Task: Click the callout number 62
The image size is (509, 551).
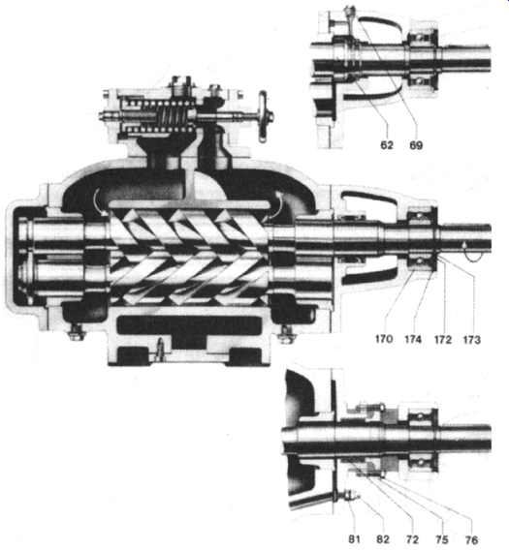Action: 386,145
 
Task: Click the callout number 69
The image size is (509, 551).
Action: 416,145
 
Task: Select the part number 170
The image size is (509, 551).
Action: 384,339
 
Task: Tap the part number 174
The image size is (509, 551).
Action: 413,340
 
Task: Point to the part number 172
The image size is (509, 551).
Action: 443,340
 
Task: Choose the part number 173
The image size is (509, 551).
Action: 472,340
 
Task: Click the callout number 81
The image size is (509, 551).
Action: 354,539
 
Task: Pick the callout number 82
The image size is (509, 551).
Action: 383,539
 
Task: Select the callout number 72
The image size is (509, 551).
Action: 412,539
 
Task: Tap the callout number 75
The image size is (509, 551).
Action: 442,539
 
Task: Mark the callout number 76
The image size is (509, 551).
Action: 471,539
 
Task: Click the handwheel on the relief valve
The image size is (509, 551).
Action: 264,116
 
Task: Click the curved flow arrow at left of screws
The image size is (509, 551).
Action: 99,201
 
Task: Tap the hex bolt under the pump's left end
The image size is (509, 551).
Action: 76,332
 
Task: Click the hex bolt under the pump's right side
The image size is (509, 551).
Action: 287,333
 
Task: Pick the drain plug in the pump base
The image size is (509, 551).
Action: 160,349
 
